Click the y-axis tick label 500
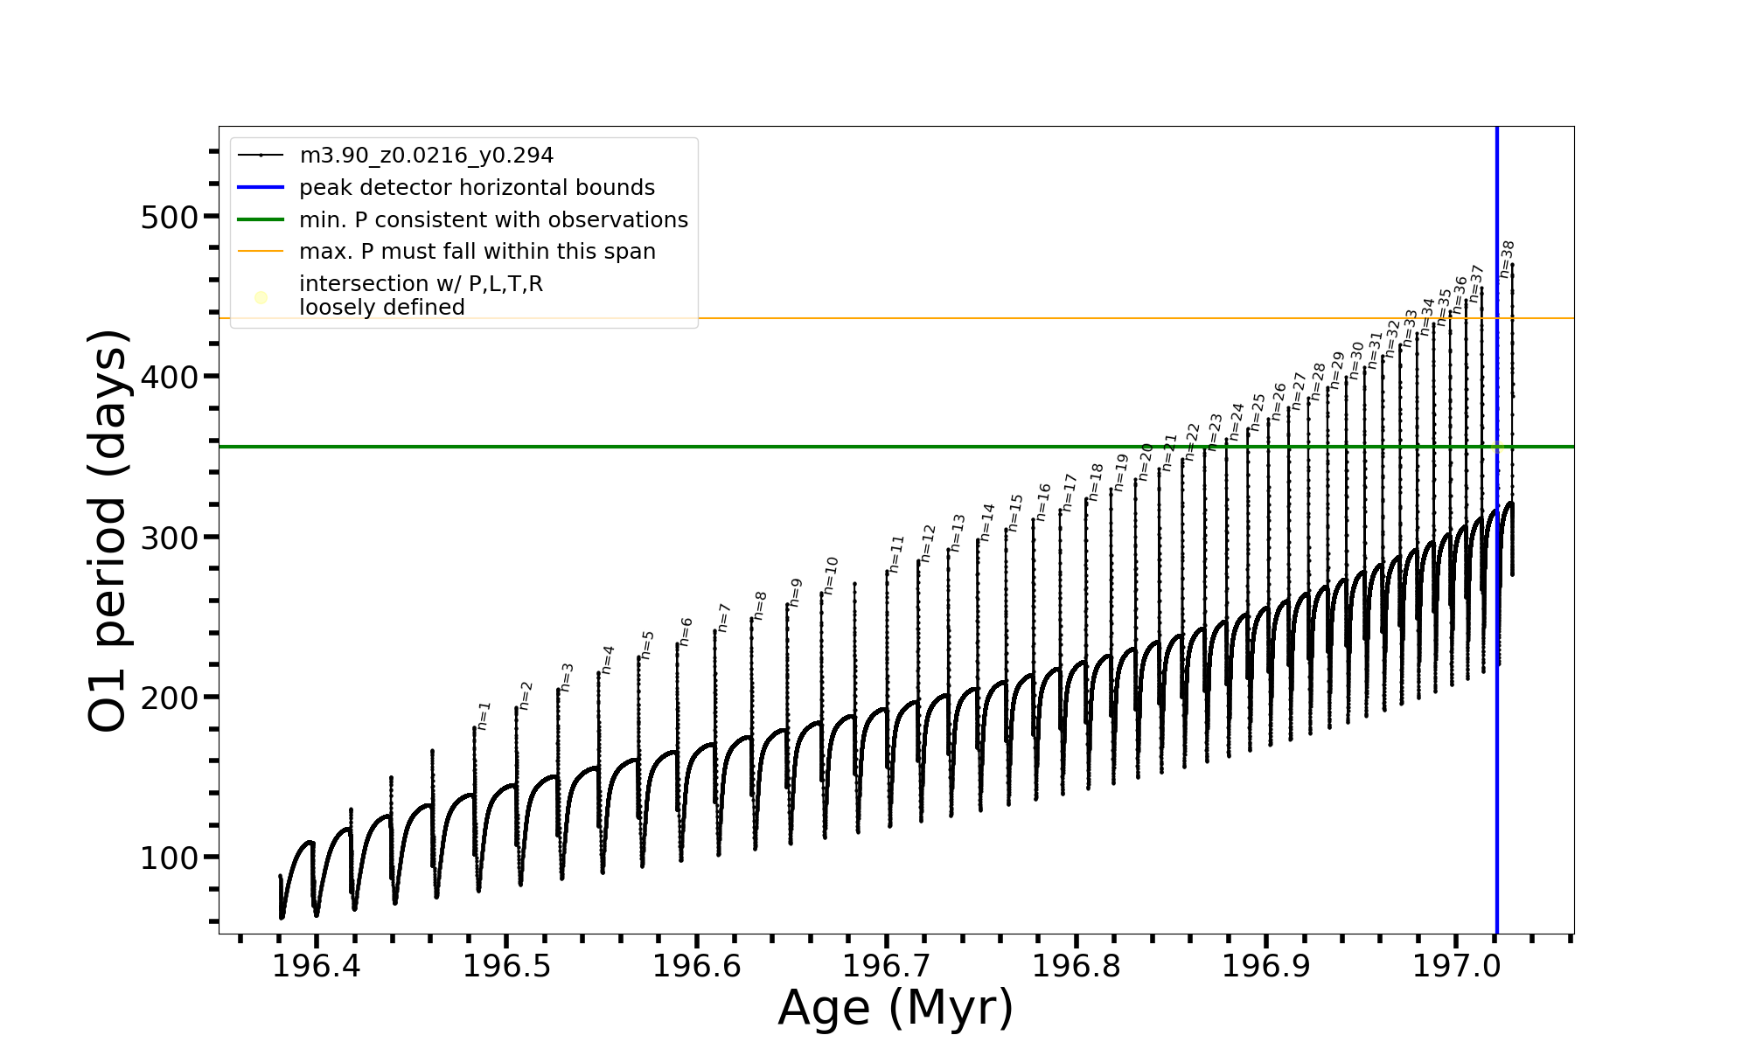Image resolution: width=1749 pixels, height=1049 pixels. (170, 218)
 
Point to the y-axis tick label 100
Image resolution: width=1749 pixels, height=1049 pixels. (170, 858)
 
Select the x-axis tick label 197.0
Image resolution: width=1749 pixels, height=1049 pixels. (1456, 966)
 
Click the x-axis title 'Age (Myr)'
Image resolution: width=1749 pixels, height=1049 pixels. (895, 1008)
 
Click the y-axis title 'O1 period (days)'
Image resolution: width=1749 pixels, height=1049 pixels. (108, 531)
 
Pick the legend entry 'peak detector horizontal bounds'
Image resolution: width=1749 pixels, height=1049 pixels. (477, 188)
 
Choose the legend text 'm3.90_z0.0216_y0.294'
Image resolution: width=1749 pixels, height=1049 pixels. (426, 156)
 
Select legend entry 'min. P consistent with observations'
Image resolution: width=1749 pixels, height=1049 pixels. (493, 220)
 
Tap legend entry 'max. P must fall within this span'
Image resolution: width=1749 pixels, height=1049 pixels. (477, 252)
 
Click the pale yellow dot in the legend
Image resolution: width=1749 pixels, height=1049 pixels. (261, 298)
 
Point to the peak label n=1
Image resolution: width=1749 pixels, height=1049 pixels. (484, 716)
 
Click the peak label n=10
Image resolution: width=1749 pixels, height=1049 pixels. (830, 575)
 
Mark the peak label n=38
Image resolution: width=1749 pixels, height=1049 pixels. (1507, 259)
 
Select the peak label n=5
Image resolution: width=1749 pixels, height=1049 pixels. (647, 645)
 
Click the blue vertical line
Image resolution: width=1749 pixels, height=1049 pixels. (1496, 699)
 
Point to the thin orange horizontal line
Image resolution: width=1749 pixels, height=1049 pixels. (874, 318)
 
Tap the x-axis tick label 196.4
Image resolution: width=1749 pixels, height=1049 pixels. (316, 966)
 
